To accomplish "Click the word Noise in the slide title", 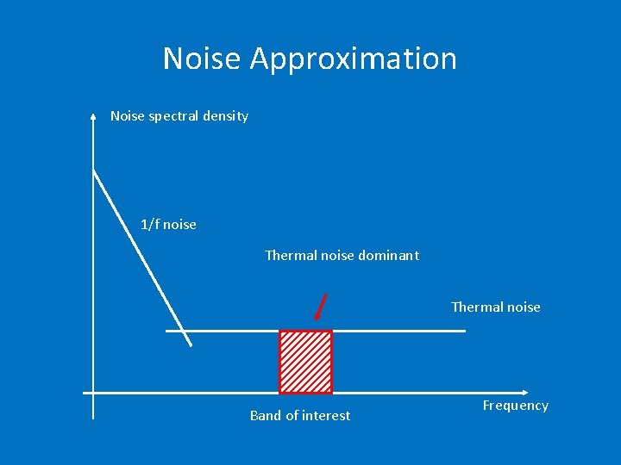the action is click(x=203, y=59).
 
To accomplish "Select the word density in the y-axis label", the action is click(x=226, y=116).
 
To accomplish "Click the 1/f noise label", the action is click(x=168, y=225).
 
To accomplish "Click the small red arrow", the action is click(x=321, y=307).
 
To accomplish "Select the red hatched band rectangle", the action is click(x=305, y=362).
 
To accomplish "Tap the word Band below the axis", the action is click(x=266, y=415).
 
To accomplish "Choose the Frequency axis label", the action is click(x=515, y=406).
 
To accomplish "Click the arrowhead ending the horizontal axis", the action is click(x=522, y=393).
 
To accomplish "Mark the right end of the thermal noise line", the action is click(x=464, y=331).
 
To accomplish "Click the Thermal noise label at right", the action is click(x=495, y=307).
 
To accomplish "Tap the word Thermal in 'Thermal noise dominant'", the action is click(x=291, y=255).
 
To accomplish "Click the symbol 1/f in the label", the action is click(x=150, y=225).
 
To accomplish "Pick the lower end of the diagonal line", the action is click(x=191, y=345).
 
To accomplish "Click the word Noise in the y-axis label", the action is click(x=128, y=116).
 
